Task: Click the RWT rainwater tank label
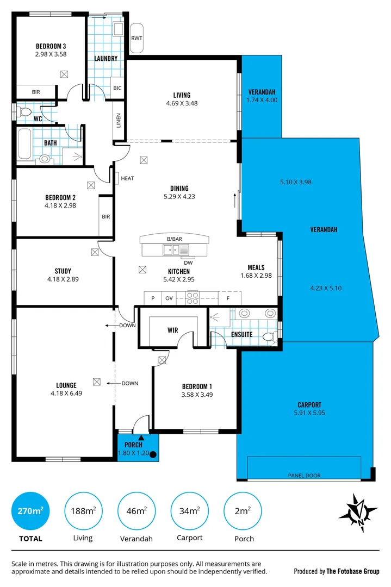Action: pyautogui.click(x=136, y=38)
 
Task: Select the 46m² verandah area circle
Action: pyautogui.click(x=136, y=511)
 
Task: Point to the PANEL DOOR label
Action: pyautogui.click(x=304, y=476)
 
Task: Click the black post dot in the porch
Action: pyautogui.click(x=153, y=455)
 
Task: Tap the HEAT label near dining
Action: pyautogui.click(x=127, y=178)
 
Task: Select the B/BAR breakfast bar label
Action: pyautogui.click(x=175, y=239)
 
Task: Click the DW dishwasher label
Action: pyautogui.click(x=188, y=261)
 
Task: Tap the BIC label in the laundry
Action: pyautogui.click(x=117, y=88)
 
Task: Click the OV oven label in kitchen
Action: pyautogui.click(x=169, y=298)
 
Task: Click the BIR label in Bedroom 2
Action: pyautogui.click(x=105, y=216)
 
